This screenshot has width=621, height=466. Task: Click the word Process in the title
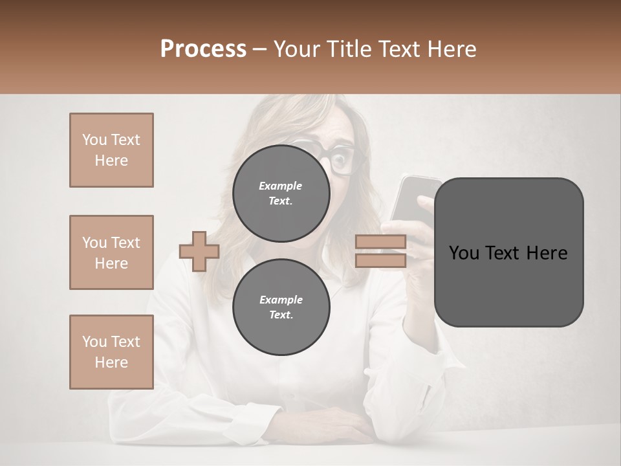click(203, 49)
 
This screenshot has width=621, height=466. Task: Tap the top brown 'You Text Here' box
click(111, 150)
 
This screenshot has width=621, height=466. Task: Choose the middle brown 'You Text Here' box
click(111, 252)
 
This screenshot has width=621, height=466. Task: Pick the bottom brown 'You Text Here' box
click(111, 352)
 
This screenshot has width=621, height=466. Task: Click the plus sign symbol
click(199, 251)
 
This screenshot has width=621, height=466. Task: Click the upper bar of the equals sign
click(380, 242)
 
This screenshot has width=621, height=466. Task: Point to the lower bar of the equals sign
click(380, 260)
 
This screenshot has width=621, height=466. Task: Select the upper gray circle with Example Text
click(281, 193)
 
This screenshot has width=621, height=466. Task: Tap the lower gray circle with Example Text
click(281, 307)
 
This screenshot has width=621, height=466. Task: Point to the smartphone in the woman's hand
click(414, 194)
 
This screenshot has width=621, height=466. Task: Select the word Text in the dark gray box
click(508, 253)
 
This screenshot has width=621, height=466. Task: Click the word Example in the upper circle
click(281, 186)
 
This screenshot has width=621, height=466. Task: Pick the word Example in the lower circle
click(281, 300)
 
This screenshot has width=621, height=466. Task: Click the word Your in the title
click(297, 49)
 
